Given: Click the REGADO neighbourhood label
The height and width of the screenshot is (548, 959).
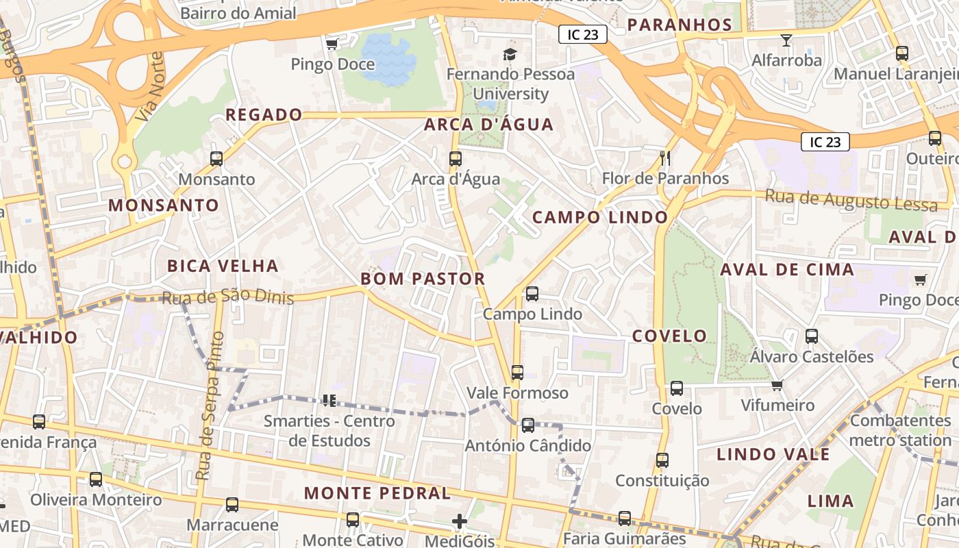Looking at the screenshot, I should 264,114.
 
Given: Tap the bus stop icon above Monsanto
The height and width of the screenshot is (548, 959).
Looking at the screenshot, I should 216,159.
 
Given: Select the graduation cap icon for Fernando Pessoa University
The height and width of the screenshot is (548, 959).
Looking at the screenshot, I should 510,54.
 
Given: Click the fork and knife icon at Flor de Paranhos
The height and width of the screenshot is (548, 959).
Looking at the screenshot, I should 664,158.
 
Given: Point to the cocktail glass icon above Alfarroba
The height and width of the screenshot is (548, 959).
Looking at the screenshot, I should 786,40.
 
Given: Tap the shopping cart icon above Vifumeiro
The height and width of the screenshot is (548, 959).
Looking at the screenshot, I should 777,385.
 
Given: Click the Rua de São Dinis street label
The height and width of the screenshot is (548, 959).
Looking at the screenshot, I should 227,297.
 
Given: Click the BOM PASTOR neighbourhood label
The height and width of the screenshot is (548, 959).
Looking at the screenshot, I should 423,279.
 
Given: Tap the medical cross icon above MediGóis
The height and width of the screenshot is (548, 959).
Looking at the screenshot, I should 459,522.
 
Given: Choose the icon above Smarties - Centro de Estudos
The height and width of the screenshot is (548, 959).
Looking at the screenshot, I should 329,400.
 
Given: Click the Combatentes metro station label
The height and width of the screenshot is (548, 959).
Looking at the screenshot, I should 899,430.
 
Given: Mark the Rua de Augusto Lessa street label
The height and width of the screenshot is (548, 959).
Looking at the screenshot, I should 851,201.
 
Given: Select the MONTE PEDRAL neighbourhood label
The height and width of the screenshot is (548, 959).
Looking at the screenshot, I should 377,493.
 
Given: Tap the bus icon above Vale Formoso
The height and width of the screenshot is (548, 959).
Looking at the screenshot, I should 517,373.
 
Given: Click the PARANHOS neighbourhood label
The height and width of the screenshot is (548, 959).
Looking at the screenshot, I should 680,25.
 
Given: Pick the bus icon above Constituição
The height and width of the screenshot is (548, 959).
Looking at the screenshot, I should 662,460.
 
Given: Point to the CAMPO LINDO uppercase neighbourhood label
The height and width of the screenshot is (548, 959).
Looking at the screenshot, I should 599,217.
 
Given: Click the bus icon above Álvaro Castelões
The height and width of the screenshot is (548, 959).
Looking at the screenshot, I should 812,336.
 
